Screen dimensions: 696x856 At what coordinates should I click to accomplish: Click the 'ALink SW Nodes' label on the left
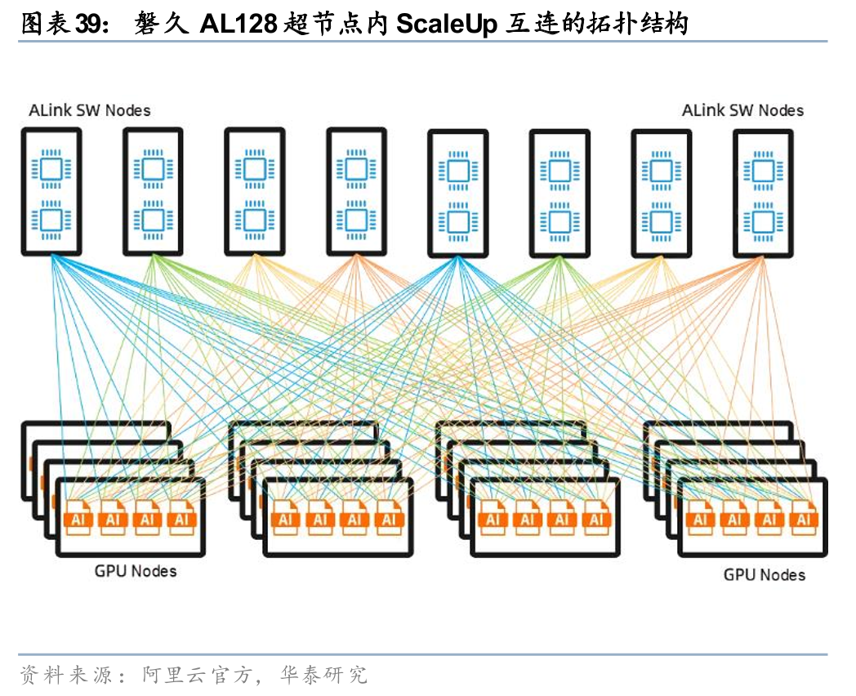coord(90,110)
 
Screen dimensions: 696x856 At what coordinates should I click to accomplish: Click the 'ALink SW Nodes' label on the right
coord(742,110)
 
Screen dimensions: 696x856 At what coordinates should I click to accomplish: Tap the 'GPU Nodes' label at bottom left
coord(136,571)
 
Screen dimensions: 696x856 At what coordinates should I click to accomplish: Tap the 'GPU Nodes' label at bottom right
coord(764,575)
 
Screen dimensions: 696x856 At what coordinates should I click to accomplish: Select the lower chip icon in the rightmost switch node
coord(763,221)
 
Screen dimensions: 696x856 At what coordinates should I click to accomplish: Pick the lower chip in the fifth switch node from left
coord(458,221)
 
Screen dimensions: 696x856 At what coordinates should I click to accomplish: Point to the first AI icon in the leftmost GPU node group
coord(80,518)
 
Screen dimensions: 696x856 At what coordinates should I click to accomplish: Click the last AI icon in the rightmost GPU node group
coord(805,518)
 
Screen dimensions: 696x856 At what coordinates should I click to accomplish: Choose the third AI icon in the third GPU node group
coord(562,518)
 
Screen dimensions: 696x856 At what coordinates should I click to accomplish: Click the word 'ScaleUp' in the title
coord(446,25)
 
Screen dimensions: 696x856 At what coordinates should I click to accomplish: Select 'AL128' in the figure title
coord(239,25)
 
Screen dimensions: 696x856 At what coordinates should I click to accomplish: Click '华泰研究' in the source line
coord(323,675)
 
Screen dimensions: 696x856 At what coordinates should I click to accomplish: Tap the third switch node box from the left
coord(254,192)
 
